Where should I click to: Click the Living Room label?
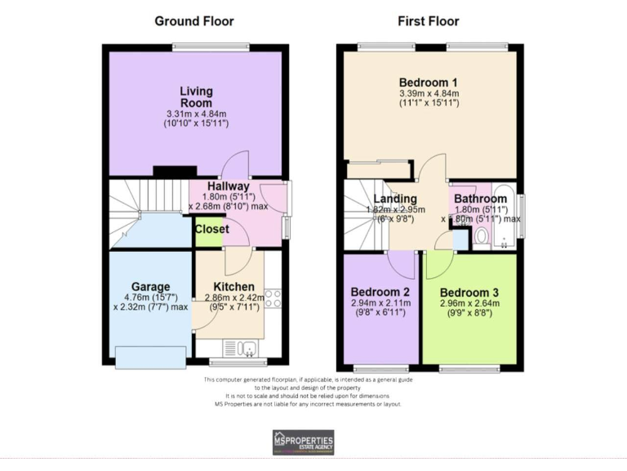196,96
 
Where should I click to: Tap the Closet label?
211,230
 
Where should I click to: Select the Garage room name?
152,287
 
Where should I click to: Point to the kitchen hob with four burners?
273,298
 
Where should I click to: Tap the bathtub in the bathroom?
504,214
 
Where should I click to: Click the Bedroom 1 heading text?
428,83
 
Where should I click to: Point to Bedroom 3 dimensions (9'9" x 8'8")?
469,314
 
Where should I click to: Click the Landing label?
395,199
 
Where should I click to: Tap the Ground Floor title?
194,21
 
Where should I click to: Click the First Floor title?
428,21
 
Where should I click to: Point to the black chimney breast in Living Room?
176,172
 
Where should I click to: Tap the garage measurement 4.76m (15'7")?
152,298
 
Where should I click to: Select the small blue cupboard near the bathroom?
460,240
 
